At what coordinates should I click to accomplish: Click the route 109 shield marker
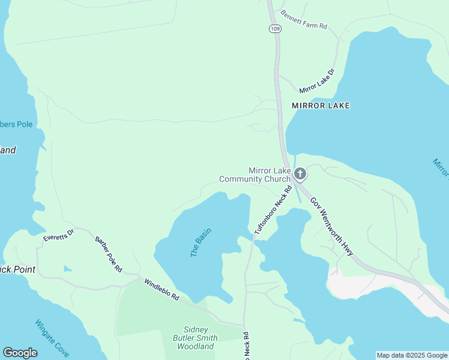click(x=274, y=28)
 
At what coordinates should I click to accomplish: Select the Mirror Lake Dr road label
click(x=316, y=81)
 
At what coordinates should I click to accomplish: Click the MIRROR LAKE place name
click(x=321, y=106)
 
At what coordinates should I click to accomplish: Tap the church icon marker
click(x=300, y=175)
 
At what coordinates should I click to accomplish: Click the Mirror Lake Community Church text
click(x=255, y=175)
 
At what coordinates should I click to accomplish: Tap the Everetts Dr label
click(x=58, y=235)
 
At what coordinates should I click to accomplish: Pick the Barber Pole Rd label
click(x=109, y=254)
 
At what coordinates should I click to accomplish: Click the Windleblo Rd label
click(x=161, y=289)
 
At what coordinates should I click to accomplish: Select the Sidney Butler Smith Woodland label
click(x=196, y=338)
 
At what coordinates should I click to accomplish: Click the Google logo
click(x=20, y=353)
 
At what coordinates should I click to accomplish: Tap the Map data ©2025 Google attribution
click(x=412, y=355)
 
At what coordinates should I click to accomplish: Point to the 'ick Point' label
click(x=17, y=269)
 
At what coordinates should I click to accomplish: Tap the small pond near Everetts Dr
click(x=68, y=268)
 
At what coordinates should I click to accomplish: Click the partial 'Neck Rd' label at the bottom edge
click(x=246, y=347)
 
